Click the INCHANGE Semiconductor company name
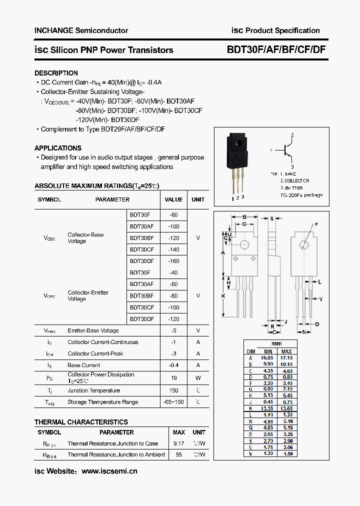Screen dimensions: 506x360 [x=81, y=30]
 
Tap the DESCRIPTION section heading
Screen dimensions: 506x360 [x=56, y=73]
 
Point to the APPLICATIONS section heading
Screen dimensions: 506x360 [x=57, y=148]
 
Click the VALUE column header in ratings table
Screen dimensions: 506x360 [x=173, y=199]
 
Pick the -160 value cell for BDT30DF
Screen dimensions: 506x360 [x=173, y=261]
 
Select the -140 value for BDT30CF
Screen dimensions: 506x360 [x=173, y=249]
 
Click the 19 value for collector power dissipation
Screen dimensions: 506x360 [x=173, y=378]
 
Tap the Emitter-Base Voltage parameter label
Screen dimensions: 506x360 [x=93, y=330]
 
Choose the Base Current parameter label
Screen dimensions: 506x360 [x=83, y=365]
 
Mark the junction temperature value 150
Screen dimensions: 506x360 [x=173, y=390]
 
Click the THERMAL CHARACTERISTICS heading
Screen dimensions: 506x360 [x=81, y=422]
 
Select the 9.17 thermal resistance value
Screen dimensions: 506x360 [x=178, y=443]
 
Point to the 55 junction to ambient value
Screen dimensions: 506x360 [x=178, y=454]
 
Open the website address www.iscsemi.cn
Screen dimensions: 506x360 [x=109, y=471]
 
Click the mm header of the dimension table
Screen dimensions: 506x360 [x=276, y=343]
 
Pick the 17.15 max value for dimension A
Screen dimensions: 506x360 [x=286, y=358]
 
